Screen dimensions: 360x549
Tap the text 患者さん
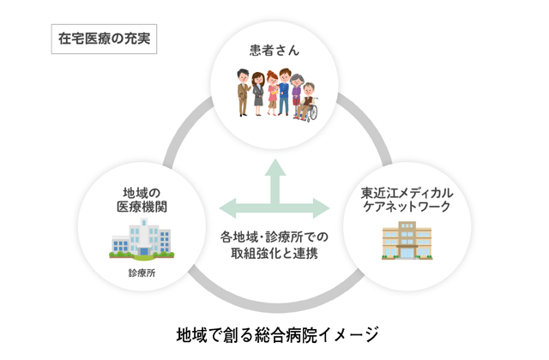click(x=274, y=51)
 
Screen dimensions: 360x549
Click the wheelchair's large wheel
click(x=302, y=111)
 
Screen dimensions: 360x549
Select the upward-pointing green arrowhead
click(x=275, y=168)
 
